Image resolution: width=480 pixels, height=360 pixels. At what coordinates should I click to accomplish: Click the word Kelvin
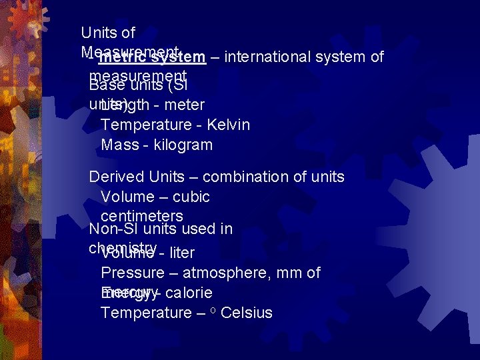229,125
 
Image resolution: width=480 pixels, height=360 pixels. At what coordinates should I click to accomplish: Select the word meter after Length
184,105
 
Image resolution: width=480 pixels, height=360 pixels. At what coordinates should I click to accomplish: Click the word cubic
191,197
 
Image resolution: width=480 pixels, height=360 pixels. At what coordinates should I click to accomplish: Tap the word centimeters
142,216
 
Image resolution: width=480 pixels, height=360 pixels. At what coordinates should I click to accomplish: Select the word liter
182,253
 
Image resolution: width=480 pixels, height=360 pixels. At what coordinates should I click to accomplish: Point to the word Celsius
246,313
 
